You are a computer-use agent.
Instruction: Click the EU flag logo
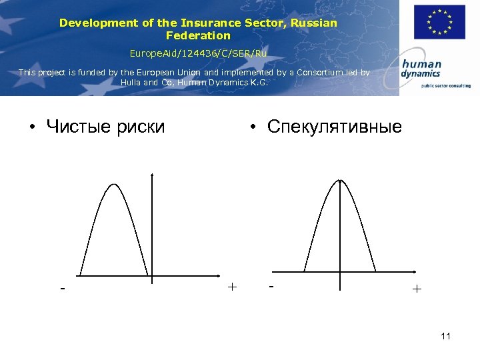point(439,22)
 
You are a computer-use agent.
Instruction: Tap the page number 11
point(445,336)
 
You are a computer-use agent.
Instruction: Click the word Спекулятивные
point(334,126)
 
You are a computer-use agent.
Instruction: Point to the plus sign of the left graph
point(231,287)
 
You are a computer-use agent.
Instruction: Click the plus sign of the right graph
point(417,289)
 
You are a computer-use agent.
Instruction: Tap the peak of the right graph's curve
point(340,181)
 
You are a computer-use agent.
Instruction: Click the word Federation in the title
point(198,35)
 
